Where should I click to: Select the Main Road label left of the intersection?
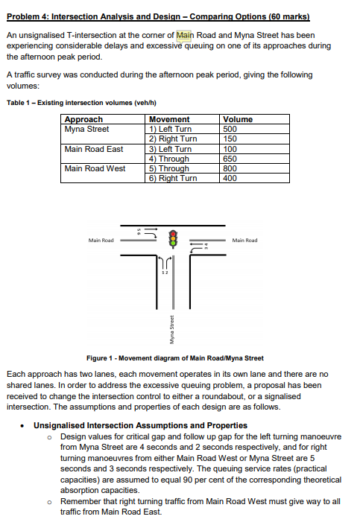(101, 241)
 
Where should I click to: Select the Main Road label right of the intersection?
(244, 241)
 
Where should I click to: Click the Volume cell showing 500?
(232, 129)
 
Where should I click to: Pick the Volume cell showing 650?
(232, 159)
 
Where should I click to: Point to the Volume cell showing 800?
(232, 168)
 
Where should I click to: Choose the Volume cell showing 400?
(231, 178)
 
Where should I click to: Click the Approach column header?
(83, 119)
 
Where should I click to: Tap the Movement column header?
(169, 119)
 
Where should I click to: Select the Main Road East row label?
(94, 149)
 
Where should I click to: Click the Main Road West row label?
(95, 168)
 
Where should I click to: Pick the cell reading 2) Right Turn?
(173, 139)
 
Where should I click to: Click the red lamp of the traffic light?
(174, 232)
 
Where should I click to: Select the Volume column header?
(238, 119)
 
